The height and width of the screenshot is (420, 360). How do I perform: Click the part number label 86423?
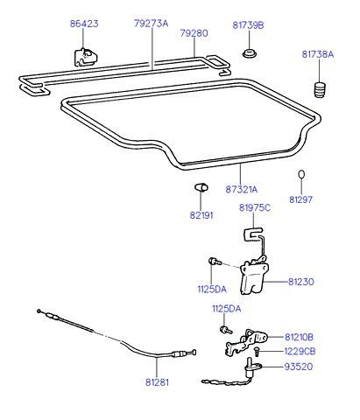click(x=84, y=24)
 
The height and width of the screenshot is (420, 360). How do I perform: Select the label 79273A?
click(x=152, y=24)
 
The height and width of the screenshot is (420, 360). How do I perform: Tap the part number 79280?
click(x=194, y=33)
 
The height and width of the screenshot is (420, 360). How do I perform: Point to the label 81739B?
click(x=248, y=25)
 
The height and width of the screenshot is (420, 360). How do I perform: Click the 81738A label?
click(x=318, y=54)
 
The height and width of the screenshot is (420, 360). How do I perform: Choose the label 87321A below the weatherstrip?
click(x=242, y=190)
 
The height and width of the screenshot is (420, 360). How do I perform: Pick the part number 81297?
click(x=300, y=199)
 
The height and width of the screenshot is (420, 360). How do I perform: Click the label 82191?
click(x=201, y=215)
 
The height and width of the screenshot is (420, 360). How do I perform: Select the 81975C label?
click(x=255, y=208)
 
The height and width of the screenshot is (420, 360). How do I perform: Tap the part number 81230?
click(x=301, y=282)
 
